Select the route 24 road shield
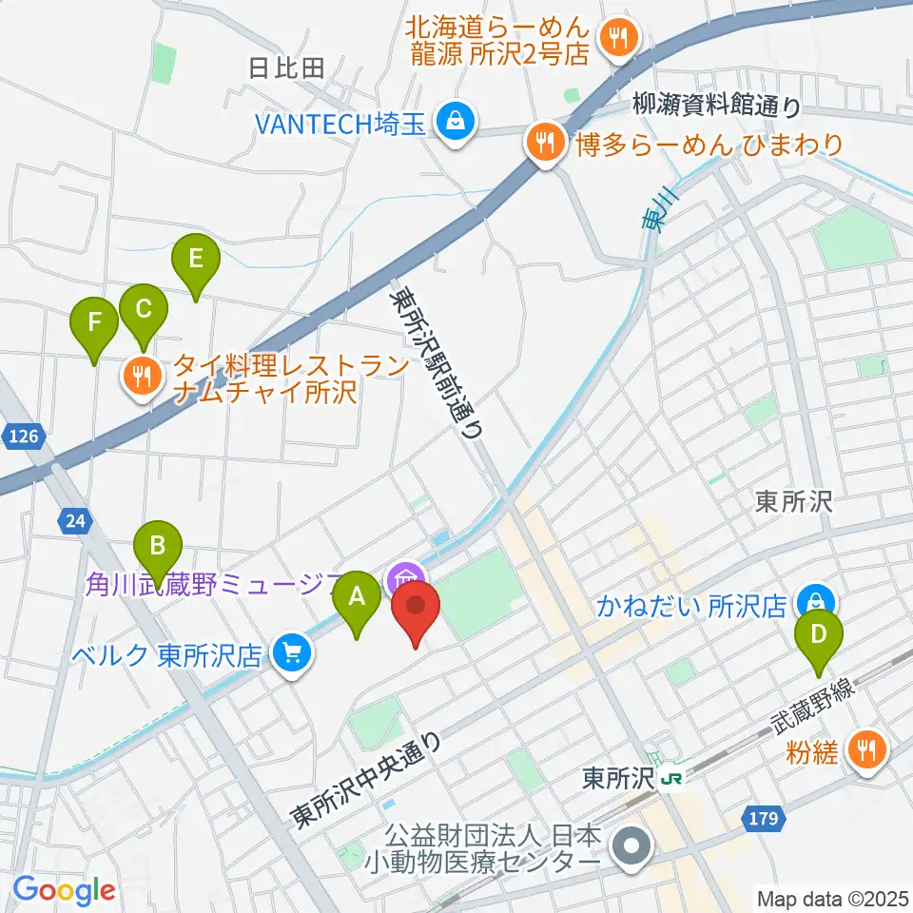pyautogui.click(x=75, y=519)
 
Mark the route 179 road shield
pyautogui.click(x=767, y=818)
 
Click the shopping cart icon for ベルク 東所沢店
pyautogui.click(x=291, y=652)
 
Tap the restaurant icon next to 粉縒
pyautogui.click(x=866, y=748)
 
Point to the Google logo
pyautogui.click(x=64, y=891)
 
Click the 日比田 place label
pyautogui.click(x=285, y=68)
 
